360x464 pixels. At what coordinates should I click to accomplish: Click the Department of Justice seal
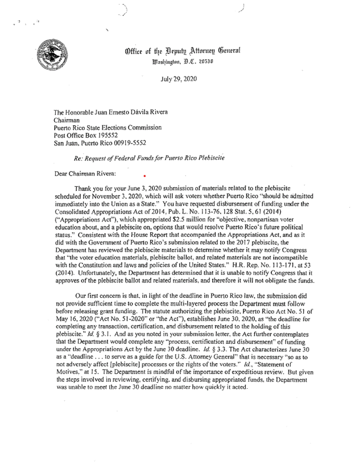point(52,56)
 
